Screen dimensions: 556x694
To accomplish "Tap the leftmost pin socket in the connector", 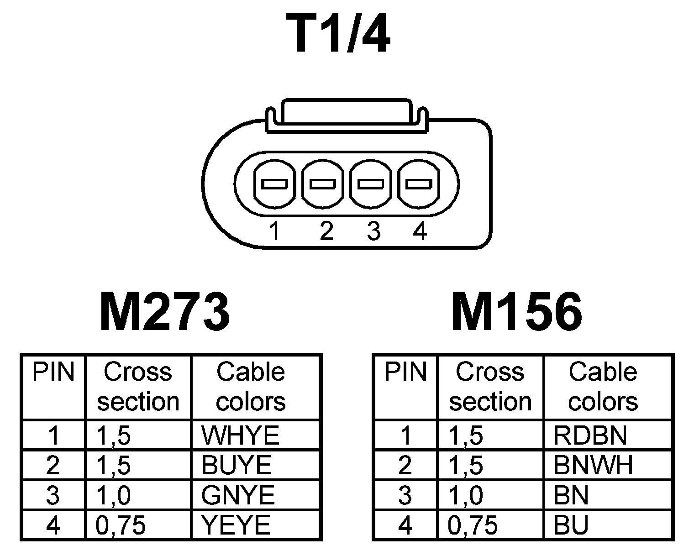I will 274,184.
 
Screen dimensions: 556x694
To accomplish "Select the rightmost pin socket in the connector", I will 419,184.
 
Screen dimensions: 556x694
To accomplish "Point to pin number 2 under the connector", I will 326,231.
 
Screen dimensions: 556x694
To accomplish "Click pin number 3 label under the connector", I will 373,231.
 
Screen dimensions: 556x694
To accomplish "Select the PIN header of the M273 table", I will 53,372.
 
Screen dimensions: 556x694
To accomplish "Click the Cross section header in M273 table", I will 138,387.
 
